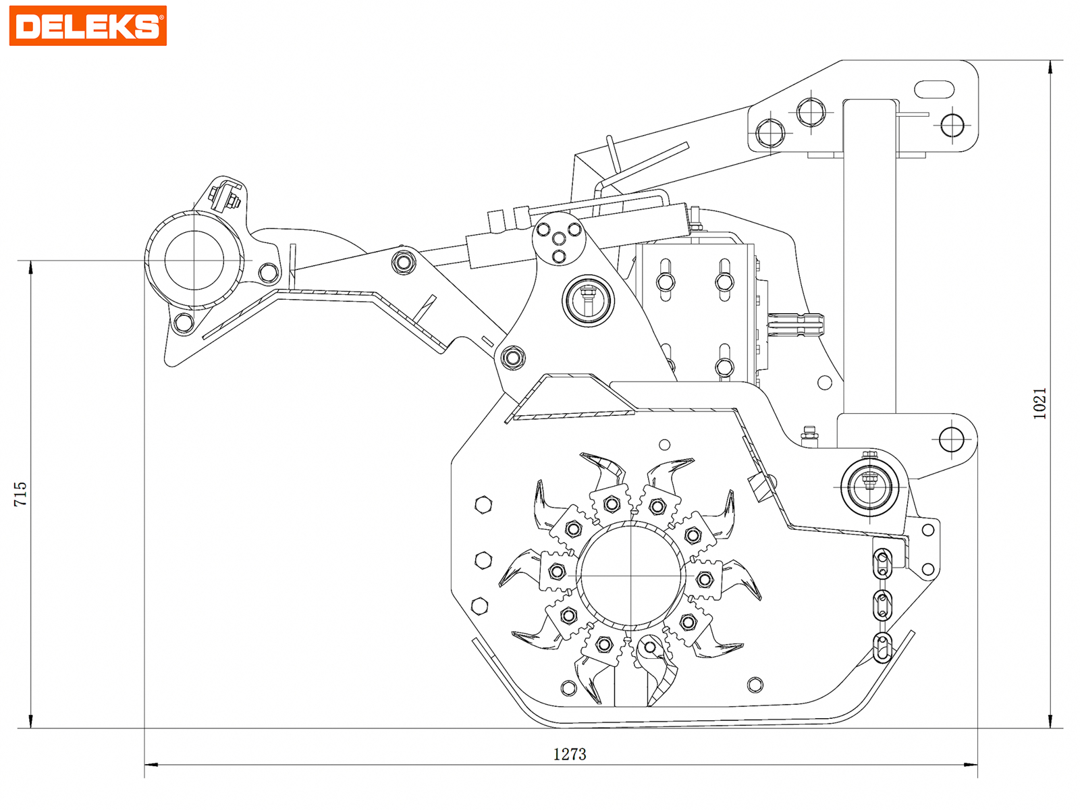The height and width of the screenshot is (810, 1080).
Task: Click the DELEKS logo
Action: (x=88, y=26)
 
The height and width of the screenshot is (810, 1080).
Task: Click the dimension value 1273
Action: (x=570, y=754)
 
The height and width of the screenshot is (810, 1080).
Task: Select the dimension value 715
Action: (x=21, y=493)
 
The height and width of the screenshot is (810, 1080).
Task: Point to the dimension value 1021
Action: (x=1040, y=403)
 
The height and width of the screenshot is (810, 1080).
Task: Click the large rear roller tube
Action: (x=194, y=261)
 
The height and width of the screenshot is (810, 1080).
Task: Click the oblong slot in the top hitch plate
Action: (x=934, y=89)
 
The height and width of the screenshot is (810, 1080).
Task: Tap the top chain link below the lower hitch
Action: (x=882, y=564)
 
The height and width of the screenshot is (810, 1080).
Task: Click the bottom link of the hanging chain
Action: (x=882, y=648)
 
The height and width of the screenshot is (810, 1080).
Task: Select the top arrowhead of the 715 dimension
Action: (x=31, y=267)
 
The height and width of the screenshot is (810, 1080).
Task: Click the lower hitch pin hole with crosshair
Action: (x=951, y=440)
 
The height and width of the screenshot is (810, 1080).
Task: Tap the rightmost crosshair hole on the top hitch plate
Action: (x=952, y=125)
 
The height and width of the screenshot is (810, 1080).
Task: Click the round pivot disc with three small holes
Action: (x=559, y=239)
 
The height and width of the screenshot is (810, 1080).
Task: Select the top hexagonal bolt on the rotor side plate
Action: (x=483, y=504)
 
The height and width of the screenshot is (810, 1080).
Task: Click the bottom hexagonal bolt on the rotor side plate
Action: (x=479, y=605)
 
